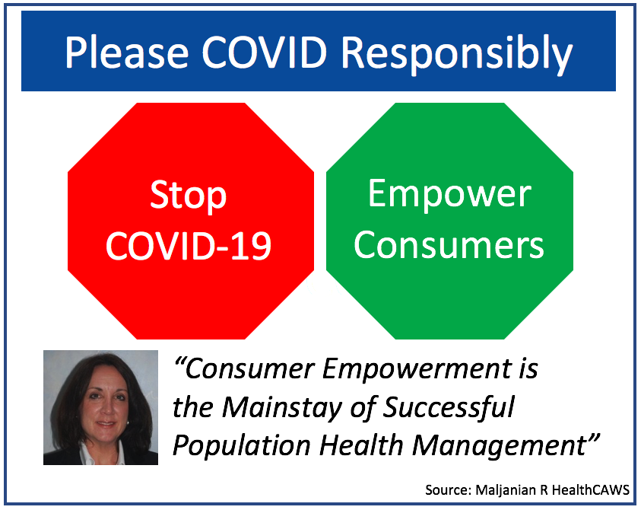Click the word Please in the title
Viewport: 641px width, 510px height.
pyautogui.click(x=127, y=53)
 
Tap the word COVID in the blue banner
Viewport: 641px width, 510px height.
pyautogui.click(x=265, y=53)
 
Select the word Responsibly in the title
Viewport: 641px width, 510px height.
pyautogui.click(x=457, y=56)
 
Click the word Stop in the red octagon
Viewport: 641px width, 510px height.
pyautogui.click(x=188, y=196)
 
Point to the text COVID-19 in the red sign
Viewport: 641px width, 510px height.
pyautogui.click(x=189, y=246)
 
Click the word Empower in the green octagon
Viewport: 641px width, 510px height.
pyautogui.click(x=449, y=195)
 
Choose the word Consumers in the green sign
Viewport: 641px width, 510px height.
pyautogui.click(x=449, y=245)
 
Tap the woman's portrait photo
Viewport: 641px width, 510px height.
pyautogui.click(x=100, y=407)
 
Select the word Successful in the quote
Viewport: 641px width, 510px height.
pyautogui.click(x=449, y=407)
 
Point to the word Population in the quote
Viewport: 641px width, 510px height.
pyautogui.click(x=241, y=446)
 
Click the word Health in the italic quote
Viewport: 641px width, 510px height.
pyautogui.click(x=361, y=445)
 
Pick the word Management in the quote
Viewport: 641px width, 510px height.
pyautogui.click(x=500, y=446)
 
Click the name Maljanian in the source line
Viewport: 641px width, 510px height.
pyautogui.click(x=506, y=490)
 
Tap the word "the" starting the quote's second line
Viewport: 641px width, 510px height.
pyautogui.click(x=192, y=407)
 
